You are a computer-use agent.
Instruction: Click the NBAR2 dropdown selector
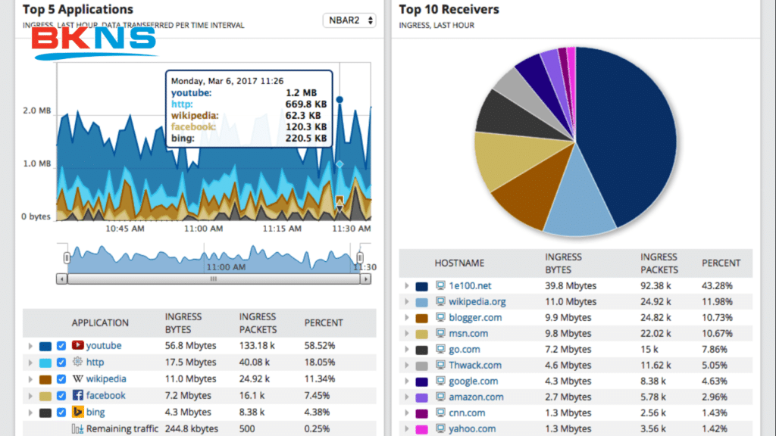coord(349,20)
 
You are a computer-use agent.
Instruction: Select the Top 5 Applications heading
coord(77,10)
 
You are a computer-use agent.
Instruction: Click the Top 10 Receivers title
coord(449,10)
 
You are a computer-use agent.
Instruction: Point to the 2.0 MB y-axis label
coord(36,111)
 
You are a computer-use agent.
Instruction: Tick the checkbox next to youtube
coord(61,346)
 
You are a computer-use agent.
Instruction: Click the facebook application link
coord(105,396)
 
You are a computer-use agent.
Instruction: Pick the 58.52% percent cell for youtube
coord(320,346)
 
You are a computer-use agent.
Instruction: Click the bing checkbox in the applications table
coord(61,413)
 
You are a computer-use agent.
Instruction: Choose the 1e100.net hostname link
coord(470,286)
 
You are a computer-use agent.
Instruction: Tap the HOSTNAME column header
coord(459,263)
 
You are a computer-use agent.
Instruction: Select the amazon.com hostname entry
coord(475,397)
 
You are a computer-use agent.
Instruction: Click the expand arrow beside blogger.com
coord(406,318)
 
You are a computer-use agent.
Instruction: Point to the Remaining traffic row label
coord(122,429)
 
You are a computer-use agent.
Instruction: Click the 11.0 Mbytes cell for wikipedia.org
coord(570,302)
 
